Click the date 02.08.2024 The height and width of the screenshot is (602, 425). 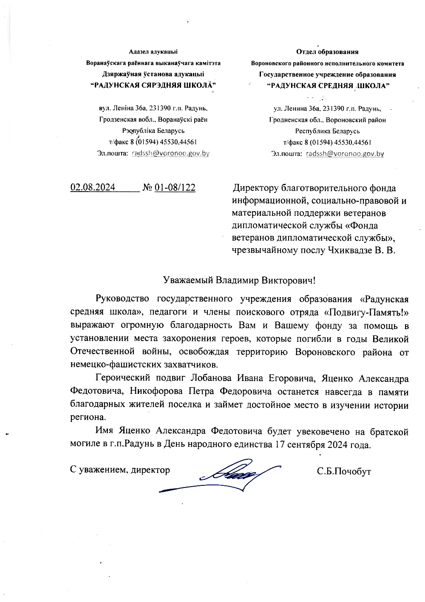tap(93, 188)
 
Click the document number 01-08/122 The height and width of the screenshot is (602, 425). tap(175, 188)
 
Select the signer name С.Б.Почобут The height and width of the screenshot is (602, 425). tap(344, 471)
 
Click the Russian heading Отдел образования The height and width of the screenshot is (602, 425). tap(327, 52)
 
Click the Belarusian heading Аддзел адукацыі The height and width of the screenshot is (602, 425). tap(153, 52)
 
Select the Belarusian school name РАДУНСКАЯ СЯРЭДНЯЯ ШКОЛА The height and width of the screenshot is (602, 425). tap(153, 86)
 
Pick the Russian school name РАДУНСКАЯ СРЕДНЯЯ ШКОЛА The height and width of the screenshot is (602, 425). tap(327, 86)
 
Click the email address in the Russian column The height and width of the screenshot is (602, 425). tap(345, 154)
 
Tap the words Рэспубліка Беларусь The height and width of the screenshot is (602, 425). tap(153, 131)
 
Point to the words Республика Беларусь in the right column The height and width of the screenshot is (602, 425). tap(327, 131)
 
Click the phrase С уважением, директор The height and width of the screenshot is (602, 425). tap(120, 470)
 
